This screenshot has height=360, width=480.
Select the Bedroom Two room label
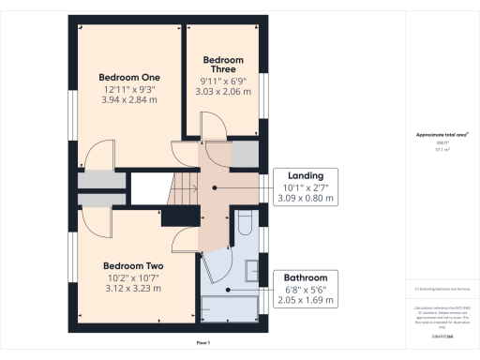[131, 265]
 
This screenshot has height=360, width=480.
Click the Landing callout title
[306, 175]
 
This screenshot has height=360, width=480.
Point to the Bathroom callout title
[306, 278]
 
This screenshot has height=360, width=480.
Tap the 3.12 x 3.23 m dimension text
[131, 289]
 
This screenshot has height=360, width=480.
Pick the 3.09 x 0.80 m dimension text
[306, 199]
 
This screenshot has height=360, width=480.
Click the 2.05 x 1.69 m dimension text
[306, 302]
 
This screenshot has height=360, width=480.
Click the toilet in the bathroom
[244, 224]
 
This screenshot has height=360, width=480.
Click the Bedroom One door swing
[98, 156]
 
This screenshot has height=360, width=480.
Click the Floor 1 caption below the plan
[203, 344]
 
